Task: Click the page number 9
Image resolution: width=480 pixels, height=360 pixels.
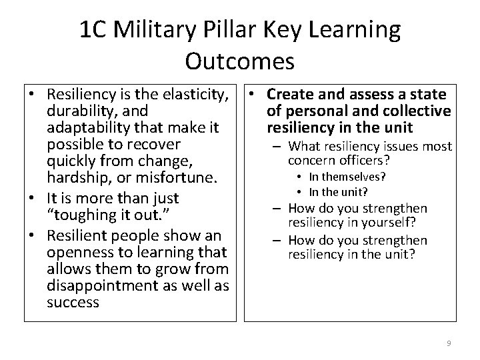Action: click(449, 343)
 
